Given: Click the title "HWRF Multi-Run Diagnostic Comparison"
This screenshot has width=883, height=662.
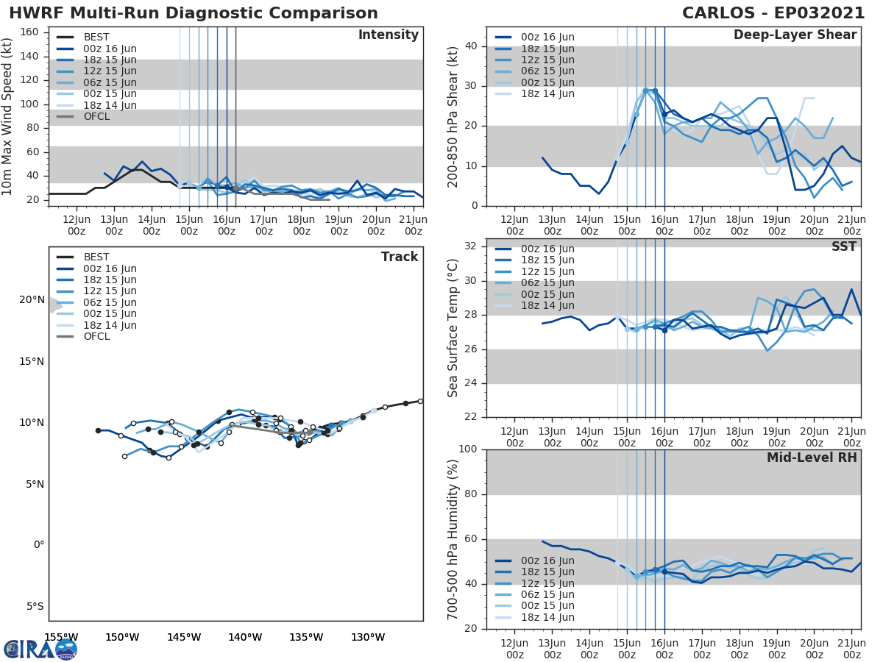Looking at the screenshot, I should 194,13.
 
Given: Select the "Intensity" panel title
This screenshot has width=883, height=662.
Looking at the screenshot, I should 388,35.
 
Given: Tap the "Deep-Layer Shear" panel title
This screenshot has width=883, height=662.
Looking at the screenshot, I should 795,35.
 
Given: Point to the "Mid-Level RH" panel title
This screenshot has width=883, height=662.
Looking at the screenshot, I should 811,458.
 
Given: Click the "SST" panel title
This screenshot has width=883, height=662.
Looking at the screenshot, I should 844,246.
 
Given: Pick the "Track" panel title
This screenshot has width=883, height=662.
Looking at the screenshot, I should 399,257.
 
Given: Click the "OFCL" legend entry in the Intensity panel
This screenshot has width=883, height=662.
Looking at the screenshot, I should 96,116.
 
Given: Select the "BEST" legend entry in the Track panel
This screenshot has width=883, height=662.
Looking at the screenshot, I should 96,257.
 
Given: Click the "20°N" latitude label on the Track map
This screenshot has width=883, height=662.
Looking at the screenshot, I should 32,300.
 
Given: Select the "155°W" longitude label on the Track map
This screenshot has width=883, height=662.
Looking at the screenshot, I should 61,637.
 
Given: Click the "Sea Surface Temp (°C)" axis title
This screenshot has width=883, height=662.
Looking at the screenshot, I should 453,328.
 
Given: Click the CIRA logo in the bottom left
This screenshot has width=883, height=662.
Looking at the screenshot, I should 40,649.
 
